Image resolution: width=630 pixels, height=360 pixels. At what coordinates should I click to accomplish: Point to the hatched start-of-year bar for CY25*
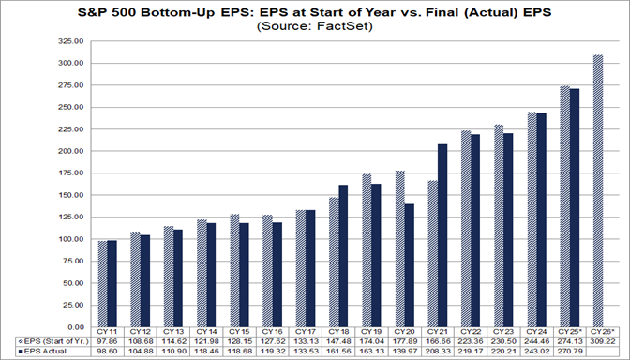coord(564,206)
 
